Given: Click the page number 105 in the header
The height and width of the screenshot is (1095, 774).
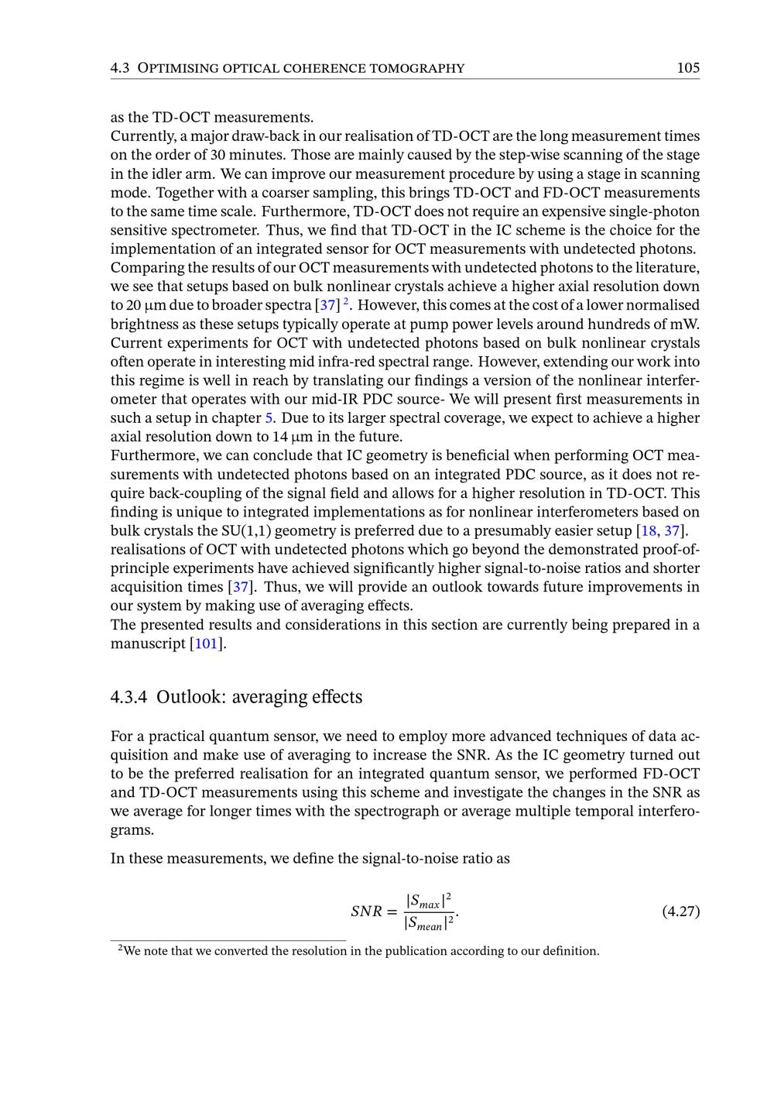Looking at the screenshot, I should [687, 68].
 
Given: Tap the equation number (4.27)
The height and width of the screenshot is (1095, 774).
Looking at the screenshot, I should [681, 911].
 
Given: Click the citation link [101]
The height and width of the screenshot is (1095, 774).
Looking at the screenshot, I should [207, 644].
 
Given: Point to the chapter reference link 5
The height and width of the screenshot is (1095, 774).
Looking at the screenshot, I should [270, 418].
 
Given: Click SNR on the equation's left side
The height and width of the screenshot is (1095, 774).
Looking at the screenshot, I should [367, 911].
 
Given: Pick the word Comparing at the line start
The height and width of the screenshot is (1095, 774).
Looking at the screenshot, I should [142, 268].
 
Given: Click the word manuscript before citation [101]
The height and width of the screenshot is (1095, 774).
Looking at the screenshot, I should [148, 644].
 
